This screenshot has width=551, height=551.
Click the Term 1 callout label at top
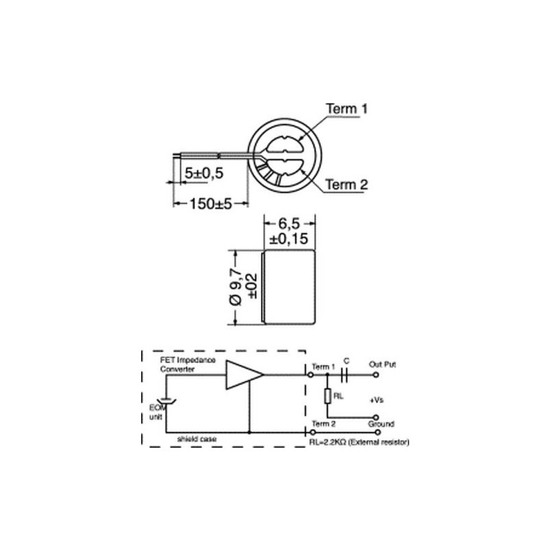pyautogui.click(x=346, y=109)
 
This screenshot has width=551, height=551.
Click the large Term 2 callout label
pyautogui.click(x=346, y=185)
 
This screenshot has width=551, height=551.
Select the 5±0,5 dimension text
pyautogui.click(x=204, y=173)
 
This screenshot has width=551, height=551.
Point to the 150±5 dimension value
pyautogui.click(x=211, y=203)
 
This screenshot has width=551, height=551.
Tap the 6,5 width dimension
pyautogui.click(x=289, y=223)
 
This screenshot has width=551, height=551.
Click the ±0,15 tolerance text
pyautogui.click(x=289, y=238)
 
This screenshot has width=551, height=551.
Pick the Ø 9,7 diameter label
pyautogui.click(x=236, y=287)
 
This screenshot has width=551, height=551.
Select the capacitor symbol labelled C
pyautogui.click(x=344, y=375)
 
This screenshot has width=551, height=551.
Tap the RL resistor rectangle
pyautogui.click(x=328, y=396)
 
